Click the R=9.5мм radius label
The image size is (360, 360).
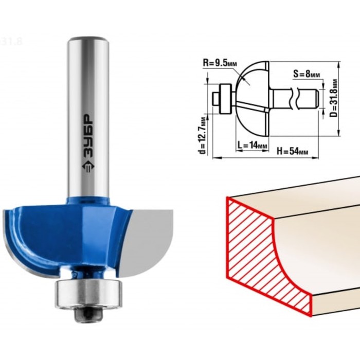tap(220, 63)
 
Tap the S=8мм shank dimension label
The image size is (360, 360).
tap(307, 74)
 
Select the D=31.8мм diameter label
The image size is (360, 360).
tap(334, 98)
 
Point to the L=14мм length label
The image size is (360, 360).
tap(253, 145)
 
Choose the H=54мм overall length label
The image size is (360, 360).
tap(292, 151)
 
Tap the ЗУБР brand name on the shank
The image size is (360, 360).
tap(87, 135)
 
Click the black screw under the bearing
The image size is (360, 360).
tap(88, 315)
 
